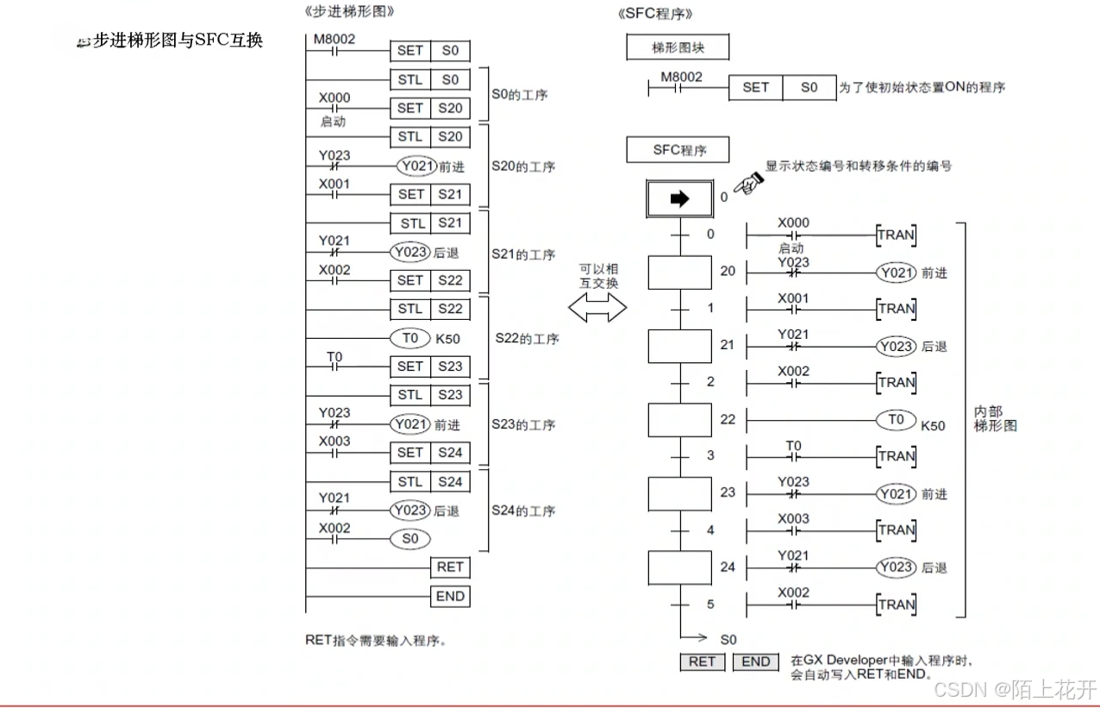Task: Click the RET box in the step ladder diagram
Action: tap(450, 567)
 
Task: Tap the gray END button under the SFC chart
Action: tap(755, 661)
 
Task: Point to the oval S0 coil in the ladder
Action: tap(409, 539)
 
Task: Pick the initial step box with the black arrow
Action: tap(679, 199)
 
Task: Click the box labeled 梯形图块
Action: tap(678, 47)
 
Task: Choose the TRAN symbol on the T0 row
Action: tap(896, 456)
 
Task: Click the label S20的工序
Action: tap(523, 166)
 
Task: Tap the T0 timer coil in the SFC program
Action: tap(896, 419)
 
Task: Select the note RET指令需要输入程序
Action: tap(376, 640)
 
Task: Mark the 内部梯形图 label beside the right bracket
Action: tap(995, 419)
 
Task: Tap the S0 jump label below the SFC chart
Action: tap(728, 639)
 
